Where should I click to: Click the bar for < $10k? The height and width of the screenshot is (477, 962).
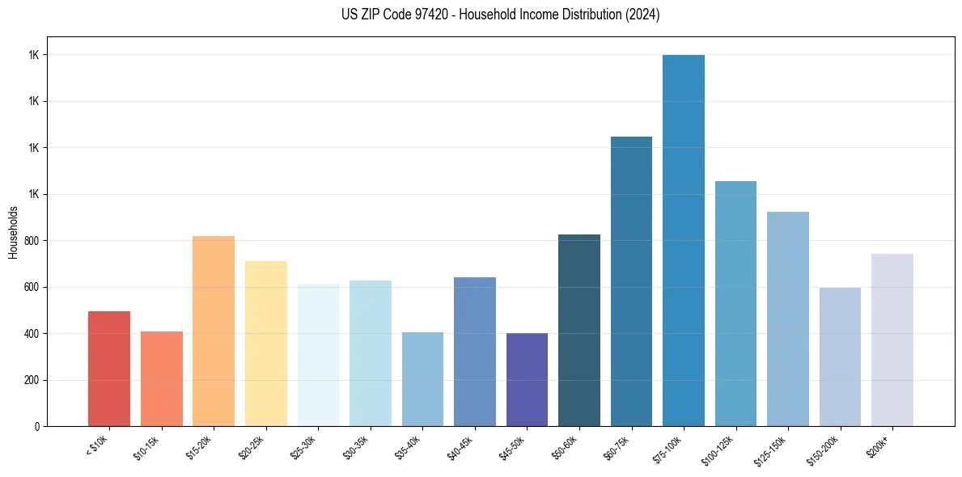[109, 369]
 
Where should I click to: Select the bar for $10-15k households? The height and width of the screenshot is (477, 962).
[161, 378]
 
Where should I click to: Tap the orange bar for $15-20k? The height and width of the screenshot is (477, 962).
[214, 331]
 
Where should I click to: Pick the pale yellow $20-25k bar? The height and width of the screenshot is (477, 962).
[265, 344]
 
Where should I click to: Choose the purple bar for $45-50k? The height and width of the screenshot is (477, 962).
[527, 379]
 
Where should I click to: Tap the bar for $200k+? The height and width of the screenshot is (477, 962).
[892, 340]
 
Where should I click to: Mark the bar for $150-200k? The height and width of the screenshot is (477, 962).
[840, 357]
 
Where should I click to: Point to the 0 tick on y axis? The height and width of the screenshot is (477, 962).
[38, 426]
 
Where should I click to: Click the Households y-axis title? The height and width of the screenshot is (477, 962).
[13, 232]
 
